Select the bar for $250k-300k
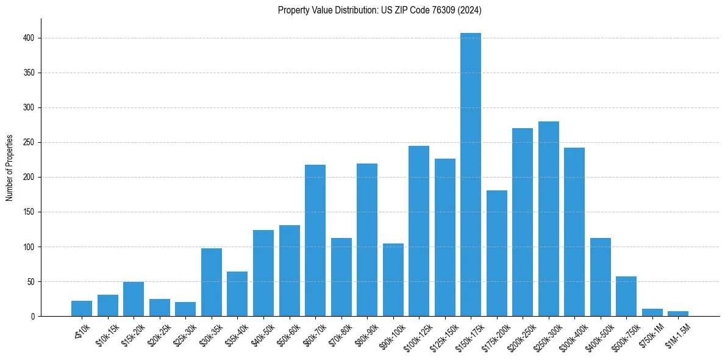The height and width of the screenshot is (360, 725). coord(548,219)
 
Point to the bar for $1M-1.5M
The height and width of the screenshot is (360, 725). coord(678,314)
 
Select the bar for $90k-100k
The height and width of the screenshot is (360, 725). coord(393,280)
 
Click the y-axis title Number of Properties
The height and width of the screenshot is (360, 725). coord(10,167)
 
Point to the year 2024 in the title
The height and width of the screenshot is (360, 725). coord(470,10)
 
